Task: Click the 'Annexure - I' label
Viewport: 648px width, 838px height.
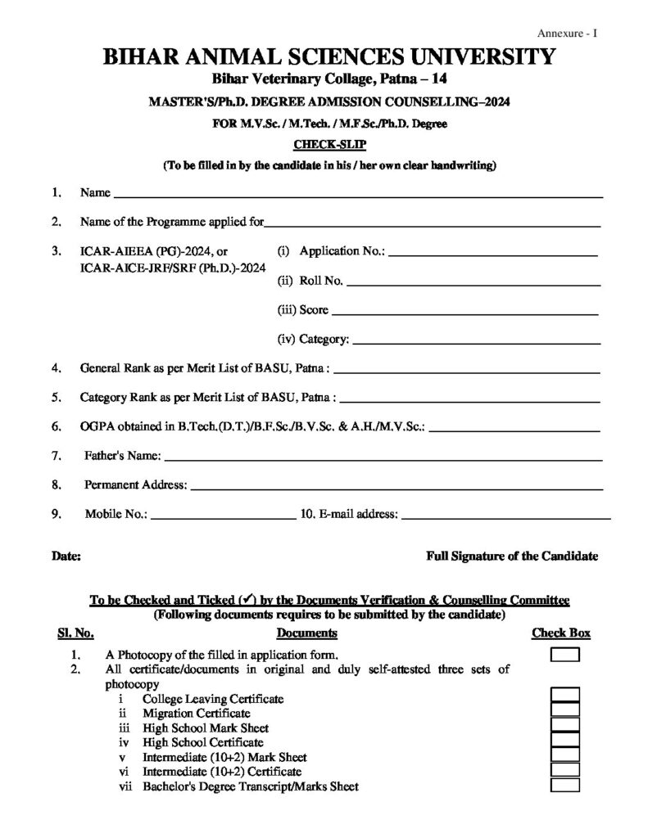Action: [x=568, y=33]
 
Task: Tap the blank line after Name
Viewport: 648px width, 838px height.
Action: [x=358, y=196]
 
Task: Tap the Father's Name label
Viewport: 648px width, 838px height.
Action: [x=123, y=455]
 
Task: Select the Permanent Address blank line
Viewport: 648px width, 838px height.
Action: [x=397, y=487]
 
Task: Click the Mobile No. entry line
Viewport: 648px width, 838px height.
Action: [x=223, y=517]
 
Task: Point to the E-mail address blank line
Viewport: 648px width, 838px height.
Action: [x=506, y=517]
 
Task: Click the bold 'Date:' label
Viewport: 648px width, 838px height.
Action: [x=66, y=556]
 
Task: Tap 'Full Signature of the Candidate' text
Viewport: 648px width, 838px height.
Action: [x=512, y=556]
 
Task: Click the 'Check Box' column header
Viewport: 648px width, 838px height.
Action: [x=561, y=633]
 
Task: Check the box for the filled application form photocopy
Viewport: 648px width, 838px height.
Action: [x=564, y=655]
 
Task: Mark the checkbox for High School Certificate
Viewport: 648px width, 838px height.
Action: [x=564, y=741]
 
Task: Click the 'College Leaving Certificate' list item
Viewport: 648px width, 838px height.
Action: [x=213, y=699]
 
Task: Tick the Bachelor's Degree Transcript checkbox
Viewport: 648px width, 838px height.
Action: [x=564, y=785]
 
